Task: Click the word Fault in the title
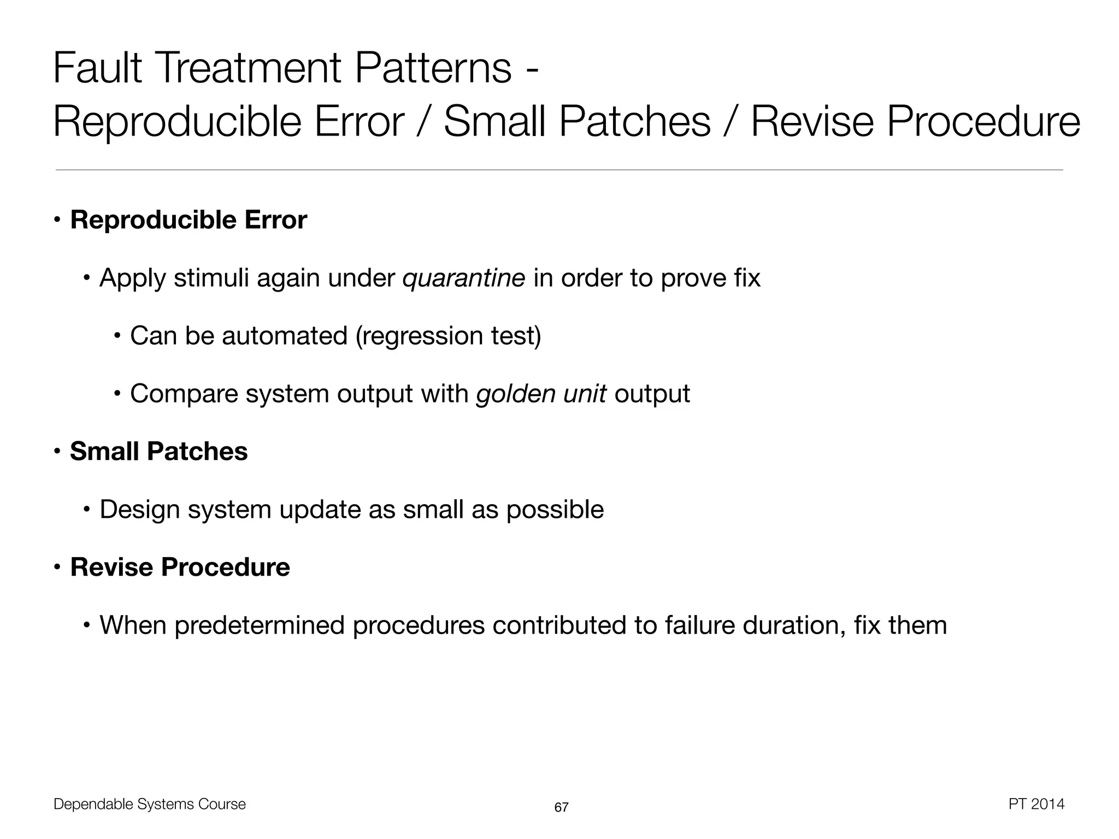97,68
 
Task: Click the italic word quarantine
463,279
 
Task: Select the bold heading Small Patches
158,452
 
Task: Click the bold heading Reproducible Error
189,220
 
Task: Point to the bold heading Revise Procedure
180,567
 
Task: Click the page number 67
561,807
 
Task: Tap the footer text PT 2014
1036,804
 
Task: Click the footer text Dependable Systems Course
150,804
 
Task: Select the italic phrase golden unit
541,394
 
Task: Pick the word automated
284,336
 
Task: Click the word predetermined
260,625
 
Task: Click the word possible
555,510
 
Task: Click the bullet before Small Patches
57,452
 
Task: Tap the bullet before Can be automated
117,336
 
